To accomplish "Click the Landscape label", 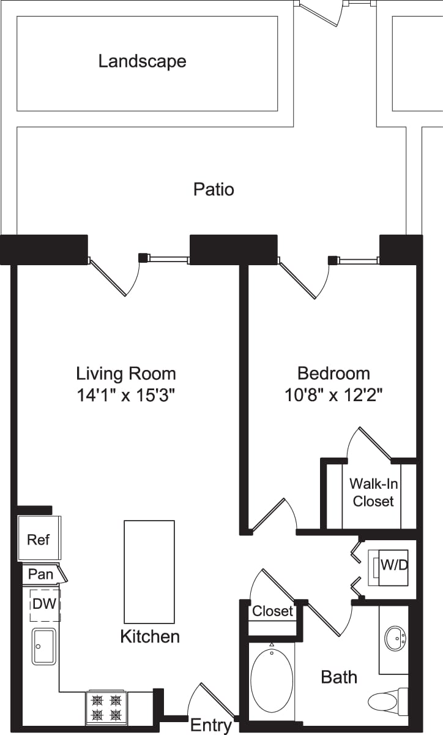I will (142, 61).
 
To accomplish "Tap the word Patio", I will (214, 189).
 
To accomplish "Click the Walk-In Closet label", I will (373, 492).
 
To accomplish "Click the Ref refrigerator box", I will (39, 539).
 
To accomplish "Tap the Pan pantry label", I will (41, 575).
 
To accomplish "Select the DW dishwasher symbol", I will (44, 604).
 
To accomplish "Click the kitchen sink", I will (43, 646).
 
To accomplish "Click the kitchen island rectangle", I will (149, 571).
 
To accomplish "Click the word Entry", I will (211, 726).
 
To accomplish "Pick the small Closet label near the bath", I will (272, 611).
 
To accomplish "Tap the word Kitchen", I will (150, 636).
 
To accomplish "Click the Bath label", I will (339, 677).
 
